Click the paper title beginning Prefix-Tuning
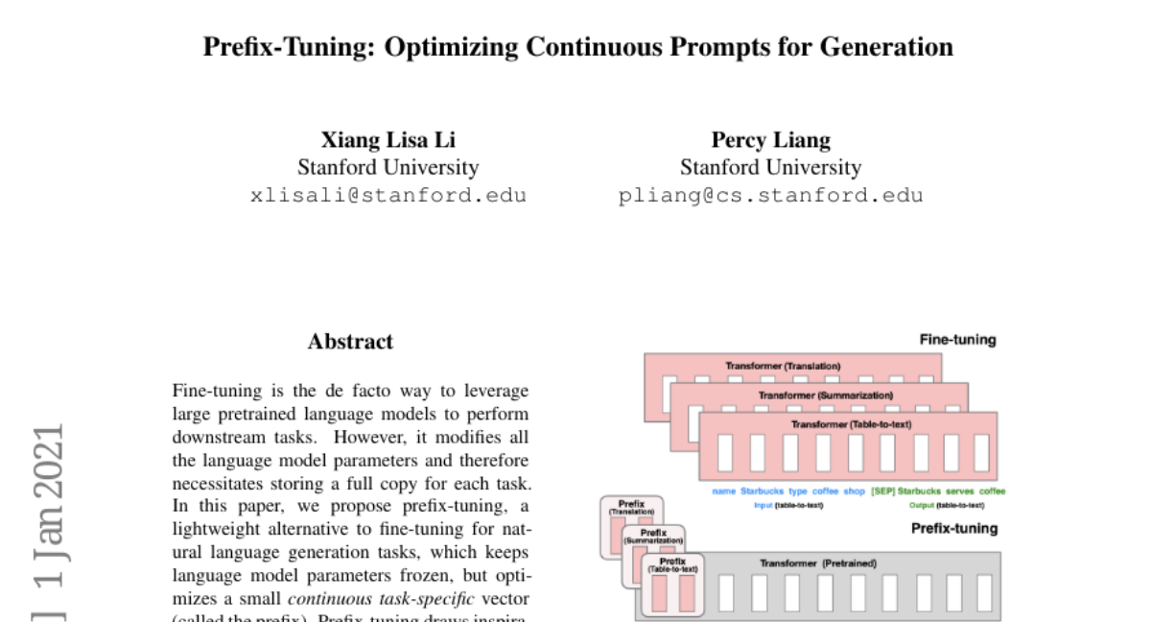pos(577,47)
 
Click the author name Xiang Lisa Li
pos(388,139)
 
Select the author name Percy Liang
pos(770,139)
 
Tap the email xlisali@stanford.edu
pos(388,196)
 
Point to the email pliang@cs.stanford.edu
pos(770,196)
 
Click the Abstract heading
pos(350,342)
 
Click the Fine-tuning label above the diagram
pos(957,340)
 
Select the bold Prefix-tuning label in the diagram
pos(953,528)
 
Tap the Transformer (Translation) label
pos(783,366)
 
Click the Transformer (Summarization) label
pos(825,395)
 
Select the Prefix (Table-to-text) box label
pos(672,564)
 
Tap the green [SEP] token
pos(882,491)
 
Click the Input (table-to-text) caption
pos(787,505)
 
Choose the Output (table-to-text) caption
pos(946,505)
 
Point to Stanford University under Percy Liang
pos(770,168)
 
